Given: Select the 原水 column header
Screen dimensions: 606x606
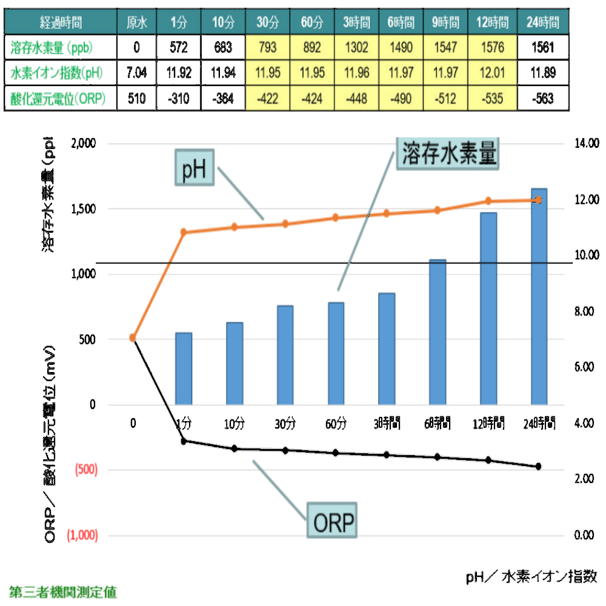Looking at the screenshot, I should pyautogui.click(x=137, y=23).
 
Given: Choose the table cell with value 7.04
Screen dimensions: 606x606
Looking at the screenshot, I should pyautogui.click(x=137, y=73).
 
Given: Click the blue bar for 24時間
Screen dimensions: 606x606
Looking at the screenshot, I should pyautogui.click(x=539, y=297).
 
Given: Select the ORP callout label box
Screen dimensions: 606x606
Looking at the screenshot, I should pyautogui.click(x=332, y=520).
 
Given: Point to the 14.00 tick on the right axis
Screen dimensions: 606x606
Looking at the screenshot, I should pyautogui.click(x=586, y=144).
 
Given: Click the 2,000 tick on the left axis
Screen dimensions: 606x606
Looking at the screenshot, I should pyautogui.click(x=84, y=144).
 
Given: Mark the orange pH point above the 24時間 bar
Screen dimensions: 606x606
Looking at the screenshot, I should pyautogui.click(x=539, y=199).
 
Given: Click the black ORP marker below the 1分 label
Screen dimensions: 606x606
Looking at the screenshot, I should pyautogui.click(x=184, y=441).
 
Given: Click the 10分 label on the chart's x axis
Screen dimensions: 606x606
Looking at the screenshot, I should pyautogui.click(x=234, y=422).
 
